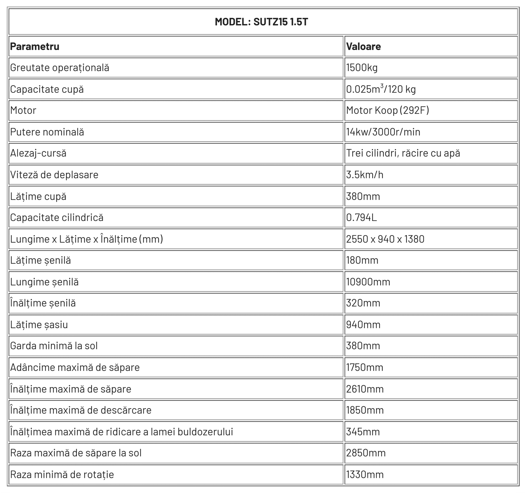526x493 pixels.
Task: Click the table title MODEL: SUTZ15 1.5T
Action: (x=261, y=22)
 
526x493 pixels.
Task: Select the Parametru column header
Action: (x=35, y=46)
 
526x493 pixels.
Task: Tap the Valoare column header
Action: (x=363, y=46)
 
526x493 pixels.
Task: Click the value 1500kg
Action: (x=362, y=68)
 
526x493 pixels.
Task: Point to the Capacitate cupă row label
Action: (x=47, y=89)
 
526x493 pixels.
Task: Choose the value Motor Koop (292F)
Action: (x=388, y=111)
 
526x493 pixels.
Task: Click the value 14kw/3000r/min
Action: (x=383, y=132)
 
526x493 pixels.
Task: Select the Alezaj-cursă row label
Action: (x=38, y=153)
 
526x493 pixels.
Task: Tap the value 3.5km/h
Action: (x=365, y=175)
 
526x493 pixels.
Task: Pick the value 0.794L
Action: (x=361, y=217)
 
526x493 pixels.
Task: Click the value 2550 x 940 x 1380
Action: (x=385, y=239)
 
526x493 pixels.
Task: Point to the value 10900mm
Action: (x=368, y=282)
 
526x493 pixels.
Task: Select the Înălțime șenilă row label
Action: (x=43, y=303)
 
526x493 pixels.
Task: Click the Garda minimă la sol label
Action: (x=54, y=346)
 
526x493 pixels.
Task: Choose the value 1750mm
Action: (x=365, y=367)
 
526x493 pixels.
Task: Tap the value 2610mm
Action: (x=365, y=389)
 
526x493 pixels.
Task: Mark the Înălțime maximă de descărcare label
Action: (x=81, y=410)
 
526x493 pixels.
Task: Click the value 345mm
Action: (x=363, y=432)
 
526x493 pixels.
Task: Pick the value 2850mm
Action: (x=366, y=453)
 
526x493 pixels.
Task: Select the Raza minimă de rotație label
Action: (x=62, y=475)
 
